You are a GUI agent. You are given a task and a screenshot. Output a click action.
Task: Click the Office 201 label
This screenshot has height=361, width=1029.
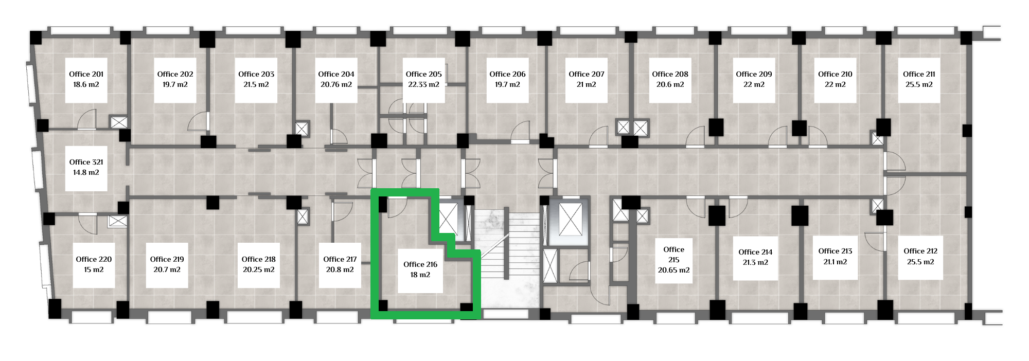pos(86,74)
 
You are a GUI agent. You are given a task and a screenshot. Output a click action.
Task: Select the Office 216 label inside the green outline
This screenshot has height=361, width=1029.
pos(420,264)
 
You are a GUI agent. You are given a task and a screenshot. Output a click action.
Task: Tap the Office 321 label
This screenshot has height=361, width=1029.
pos(86,162)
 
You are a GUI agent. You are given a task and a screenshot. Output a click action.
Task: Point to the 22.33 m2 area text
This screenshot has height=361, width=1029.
pos(423,84)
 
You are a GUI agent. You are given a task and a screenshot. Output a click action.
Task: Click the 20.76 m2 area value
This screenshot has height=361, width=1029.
pos(336,84)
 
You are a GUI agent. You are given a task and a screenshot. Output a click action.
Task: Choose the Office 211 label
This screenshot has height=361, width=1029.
pos(919,74)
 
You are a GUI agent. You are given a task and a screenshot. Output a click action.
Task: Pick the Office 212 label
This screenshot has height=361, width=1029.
pos(920,251)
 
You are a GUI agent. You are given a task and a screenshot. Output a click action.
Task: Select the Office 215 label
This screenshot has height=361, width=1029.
pos(674,255)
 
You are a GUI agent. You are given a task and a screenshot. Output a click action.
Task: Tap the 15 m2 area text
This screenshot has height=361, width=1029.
pos(94,269)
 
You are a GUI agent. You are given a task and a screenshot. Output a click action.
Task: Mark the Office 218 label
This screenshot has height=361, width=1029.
pos(259,259)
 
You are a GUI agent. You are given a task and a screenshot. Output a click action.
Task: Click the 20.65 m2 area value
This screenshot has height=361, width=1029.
pos(674,270)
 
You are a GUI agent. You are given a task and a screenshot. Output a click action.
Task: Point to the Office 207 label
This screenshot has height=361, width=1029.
pos(587,74)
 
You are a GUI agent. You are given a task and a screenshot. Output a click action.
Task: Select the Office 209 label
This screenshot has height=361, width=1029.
pos(754,74)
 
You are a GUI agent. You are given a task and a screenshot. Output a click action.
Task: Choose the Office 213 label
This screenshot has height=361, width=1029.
pos(835,251)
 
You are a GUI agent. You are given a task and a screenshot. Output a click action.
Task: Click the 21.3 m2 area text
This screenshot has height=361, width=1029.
pos(755,262)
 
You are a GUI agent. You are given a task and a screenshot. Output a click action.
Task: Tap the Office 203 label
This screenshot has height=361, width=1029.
pos(256,74)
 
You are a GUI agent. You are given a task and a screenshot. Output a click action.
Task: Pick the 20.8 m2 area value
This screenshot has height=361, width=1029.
pos(340,269)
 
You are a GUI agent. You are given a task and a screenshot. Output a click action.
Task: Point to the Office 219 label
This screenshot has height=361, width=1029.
pos(167,259)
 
